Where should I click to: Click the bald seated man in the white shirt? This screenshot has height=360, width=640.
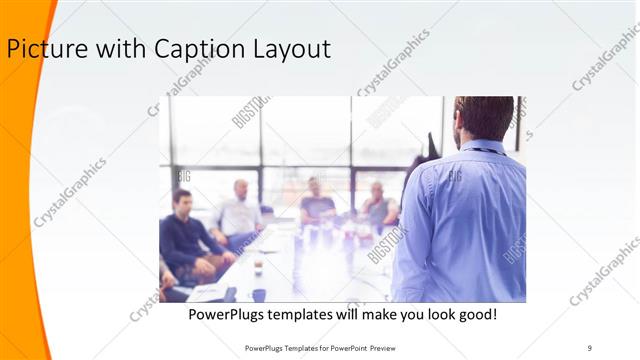pos(239,212)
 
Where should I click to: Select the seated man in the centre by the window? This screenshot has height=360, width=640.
pos(317,200)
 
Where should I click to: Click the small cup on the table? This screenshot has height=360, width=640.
pos(257,267)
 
